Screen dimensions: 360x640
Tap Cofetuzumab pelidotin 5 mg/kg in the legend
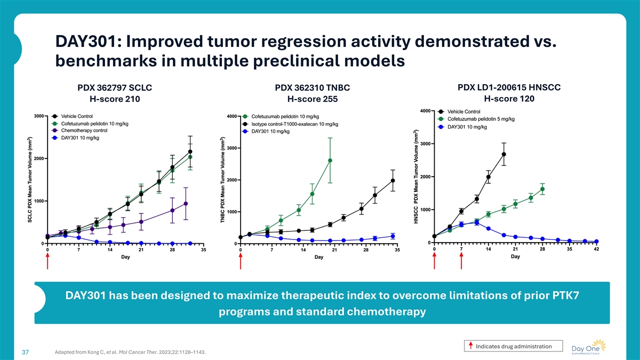tap(481, 119)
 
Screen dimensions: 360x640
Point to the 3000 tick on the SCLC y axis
tap(39, 116)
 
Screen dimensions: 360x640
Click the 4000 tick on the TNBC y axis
tap(232, 116)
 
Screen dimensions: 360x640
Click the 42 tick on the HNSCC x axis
tap(596, 249)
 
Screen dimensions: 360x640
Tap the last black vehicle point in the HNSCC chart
tap(503, 155)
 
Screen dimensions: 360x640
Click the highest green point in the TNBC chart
tap(330, 161)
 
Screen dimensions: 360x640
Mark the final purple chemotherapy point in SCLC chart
tap(186, 204)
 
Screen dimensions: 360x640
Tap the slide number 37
tap(25, 352)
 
